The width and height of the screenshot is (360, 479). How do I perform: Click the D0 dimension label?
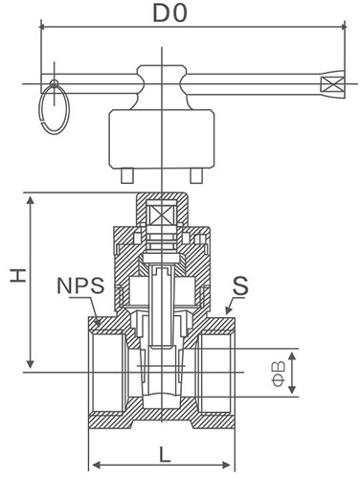click(x=169, y=12)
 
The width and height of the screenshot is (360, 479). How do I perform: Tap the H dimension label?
click(x=18, y=275)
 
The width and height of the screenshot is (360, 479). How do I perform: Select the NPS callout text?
click(x=80, y=285)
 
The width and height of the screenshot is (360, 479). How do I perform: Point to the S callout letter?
click(x=240, y=285)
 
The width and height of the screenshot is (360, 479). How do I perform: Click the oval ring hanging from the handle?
click(x=54, y=108)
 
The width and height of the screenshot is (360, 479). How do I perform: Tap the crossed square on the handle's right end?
click(x=332, y=84)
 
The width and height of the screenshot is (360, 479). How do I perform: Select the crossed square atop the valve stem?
click(x=161, y=213)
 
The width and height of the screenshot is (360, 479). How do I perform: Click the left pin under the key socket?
click(x=127, y=175)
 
